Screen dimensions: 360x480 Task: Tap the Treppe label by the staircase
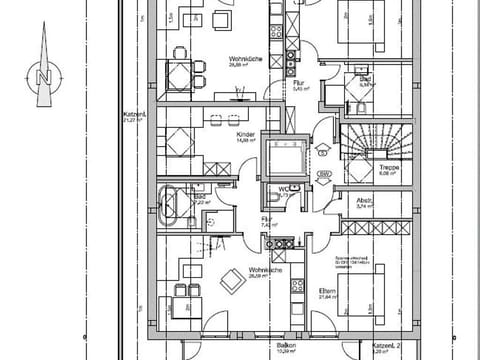[361, 167]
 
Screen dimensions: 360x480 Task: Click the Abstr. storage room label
[364, 201]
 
